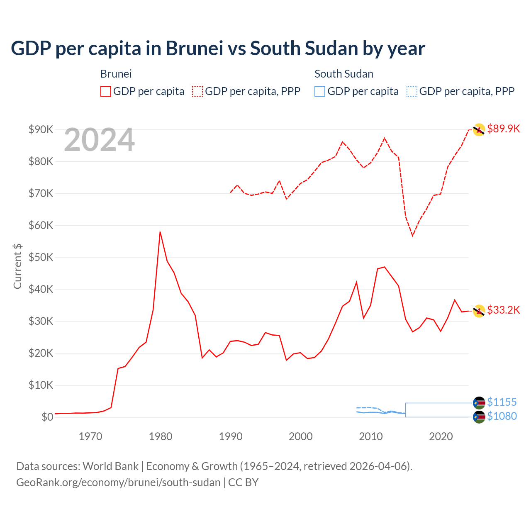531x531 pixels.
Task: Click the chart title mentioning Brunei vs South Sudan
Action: coord(218,49)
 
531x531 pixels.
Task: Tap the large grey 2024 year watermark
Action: coord(99,140)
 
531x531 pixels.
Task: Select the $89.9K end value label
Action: coord(503,129)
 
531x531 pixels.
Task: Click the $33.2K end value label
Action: coord(503,310)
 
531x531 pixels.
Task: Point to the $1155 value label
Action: coord(502,402)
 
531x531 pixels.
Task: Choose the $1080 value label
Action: coord(502,416)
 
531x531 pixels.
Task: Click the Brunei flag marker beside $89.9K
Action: coord(479,130)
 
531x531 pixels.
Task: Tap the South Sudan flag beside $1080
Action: coord(479,417)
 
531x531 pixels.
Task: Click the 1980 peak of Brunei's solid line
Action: coord(160,232)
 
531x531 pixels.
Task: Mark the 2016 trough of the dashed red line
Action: coord(412,236)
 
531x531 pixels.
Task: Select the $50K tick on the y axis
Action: coord(41,257)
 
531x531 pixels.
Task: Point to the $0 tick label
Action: coord(47,417)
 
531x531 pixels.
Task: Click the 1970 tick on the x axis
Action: coord(90,436)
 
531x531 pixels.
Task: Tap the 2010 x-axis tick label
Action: coord(370,436)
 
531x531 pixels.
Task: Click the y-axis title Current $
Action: coord(17,266)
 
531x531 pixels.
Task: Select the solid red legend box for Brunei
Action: coord(106,91)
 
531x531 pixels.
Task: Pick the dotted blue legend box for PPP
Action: coord(412,91)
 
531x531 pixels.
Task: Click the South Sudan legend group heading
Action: coord(343,74)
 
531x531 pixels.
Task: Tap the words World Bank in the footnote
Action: coord(110,466)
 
